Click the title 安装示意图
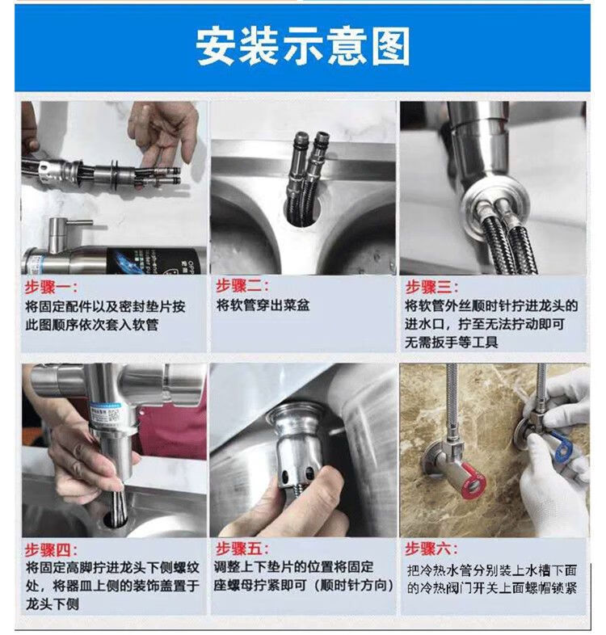(302, 47)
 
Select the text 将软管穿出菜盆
(263, 305)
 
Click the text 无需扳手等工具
(451, 343)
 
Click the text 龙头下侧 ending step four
(53, 604)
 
